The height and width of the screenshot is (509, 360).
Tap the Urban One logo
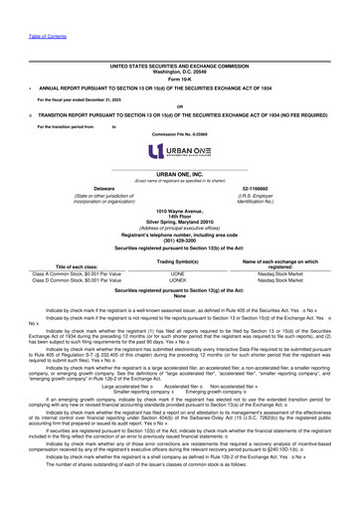click(179, 151)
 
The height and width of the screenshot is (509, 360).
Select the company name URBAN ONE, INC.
click(179, 172)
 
